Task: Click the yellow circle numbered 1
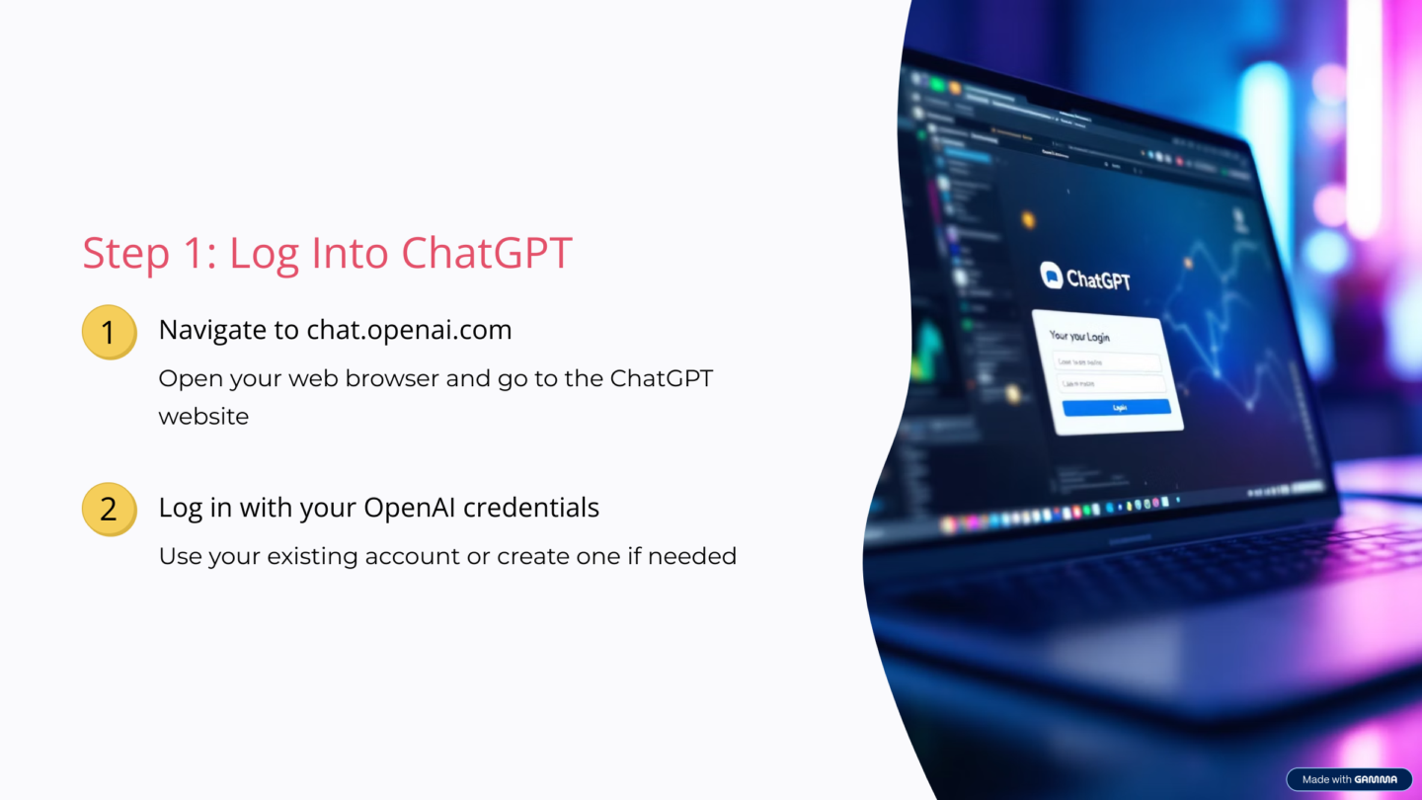tap(108, 332)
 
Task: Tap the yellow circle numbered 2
tap(108, 509)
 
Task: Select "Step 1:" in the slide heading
tap(147, 253)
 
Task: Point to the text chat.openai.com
tap(409, 330)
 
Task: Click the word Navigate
tap(228, 330)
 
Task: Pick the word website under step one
tap(203, 416)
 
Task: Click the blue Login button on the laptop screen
tap(1117, 407)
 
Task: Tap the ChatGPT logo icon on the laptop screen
tap(1051, 275)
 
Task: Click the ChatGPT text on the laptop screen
tap(1098, 280)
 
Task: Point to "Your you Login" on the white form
tap(1079, 337)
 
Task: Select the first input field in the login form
tap(1106, 362)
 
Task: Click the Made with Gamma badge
tap(1349, 779)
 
